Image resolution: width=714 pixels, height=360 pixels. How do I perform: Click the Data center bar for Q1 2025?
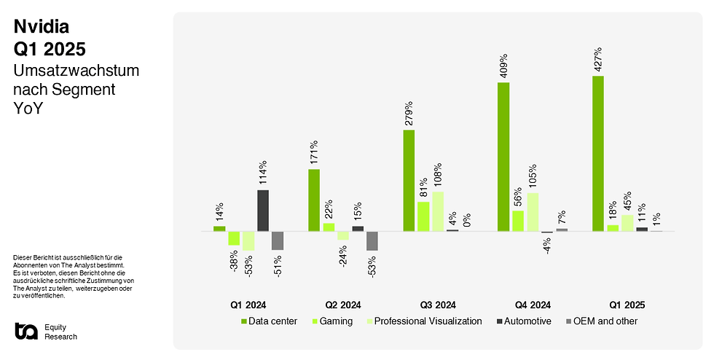[598, 153]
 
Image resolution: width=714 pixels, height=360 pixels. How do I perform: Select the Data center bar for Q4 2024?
[503, 157]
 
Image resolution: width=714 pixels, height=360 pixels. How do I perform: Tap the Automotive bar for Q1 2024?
[263, 211]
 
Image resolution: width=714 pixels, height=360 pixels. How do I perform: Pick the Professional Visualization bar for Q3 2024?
[438, 211]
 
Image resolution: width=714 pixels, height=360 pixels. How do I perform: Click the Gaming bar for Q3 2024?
[423, 216]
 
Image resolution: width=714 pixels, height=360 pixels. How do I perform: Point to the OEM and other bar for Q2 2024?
[372, 240]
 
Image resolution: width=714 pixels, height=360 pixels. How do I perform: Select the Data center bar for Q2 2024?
[314, 200]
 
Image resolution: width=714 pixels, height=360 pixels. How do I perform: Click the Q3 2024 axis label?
[438, 305]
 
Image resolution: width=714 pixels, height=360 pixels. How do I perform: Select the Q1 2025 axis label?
[627, 305]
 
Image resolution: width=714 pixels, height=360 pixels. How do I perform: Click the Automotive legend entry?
[523, 321]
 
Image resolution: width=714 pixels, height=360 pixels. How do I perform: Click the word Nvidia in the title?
[42, 28]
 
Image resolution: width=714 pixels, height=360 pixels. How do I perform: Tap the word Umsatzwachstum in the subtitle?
[76, 71]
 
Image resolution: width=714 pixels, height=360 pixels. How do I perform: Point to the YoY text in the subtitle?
[28, 109]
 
